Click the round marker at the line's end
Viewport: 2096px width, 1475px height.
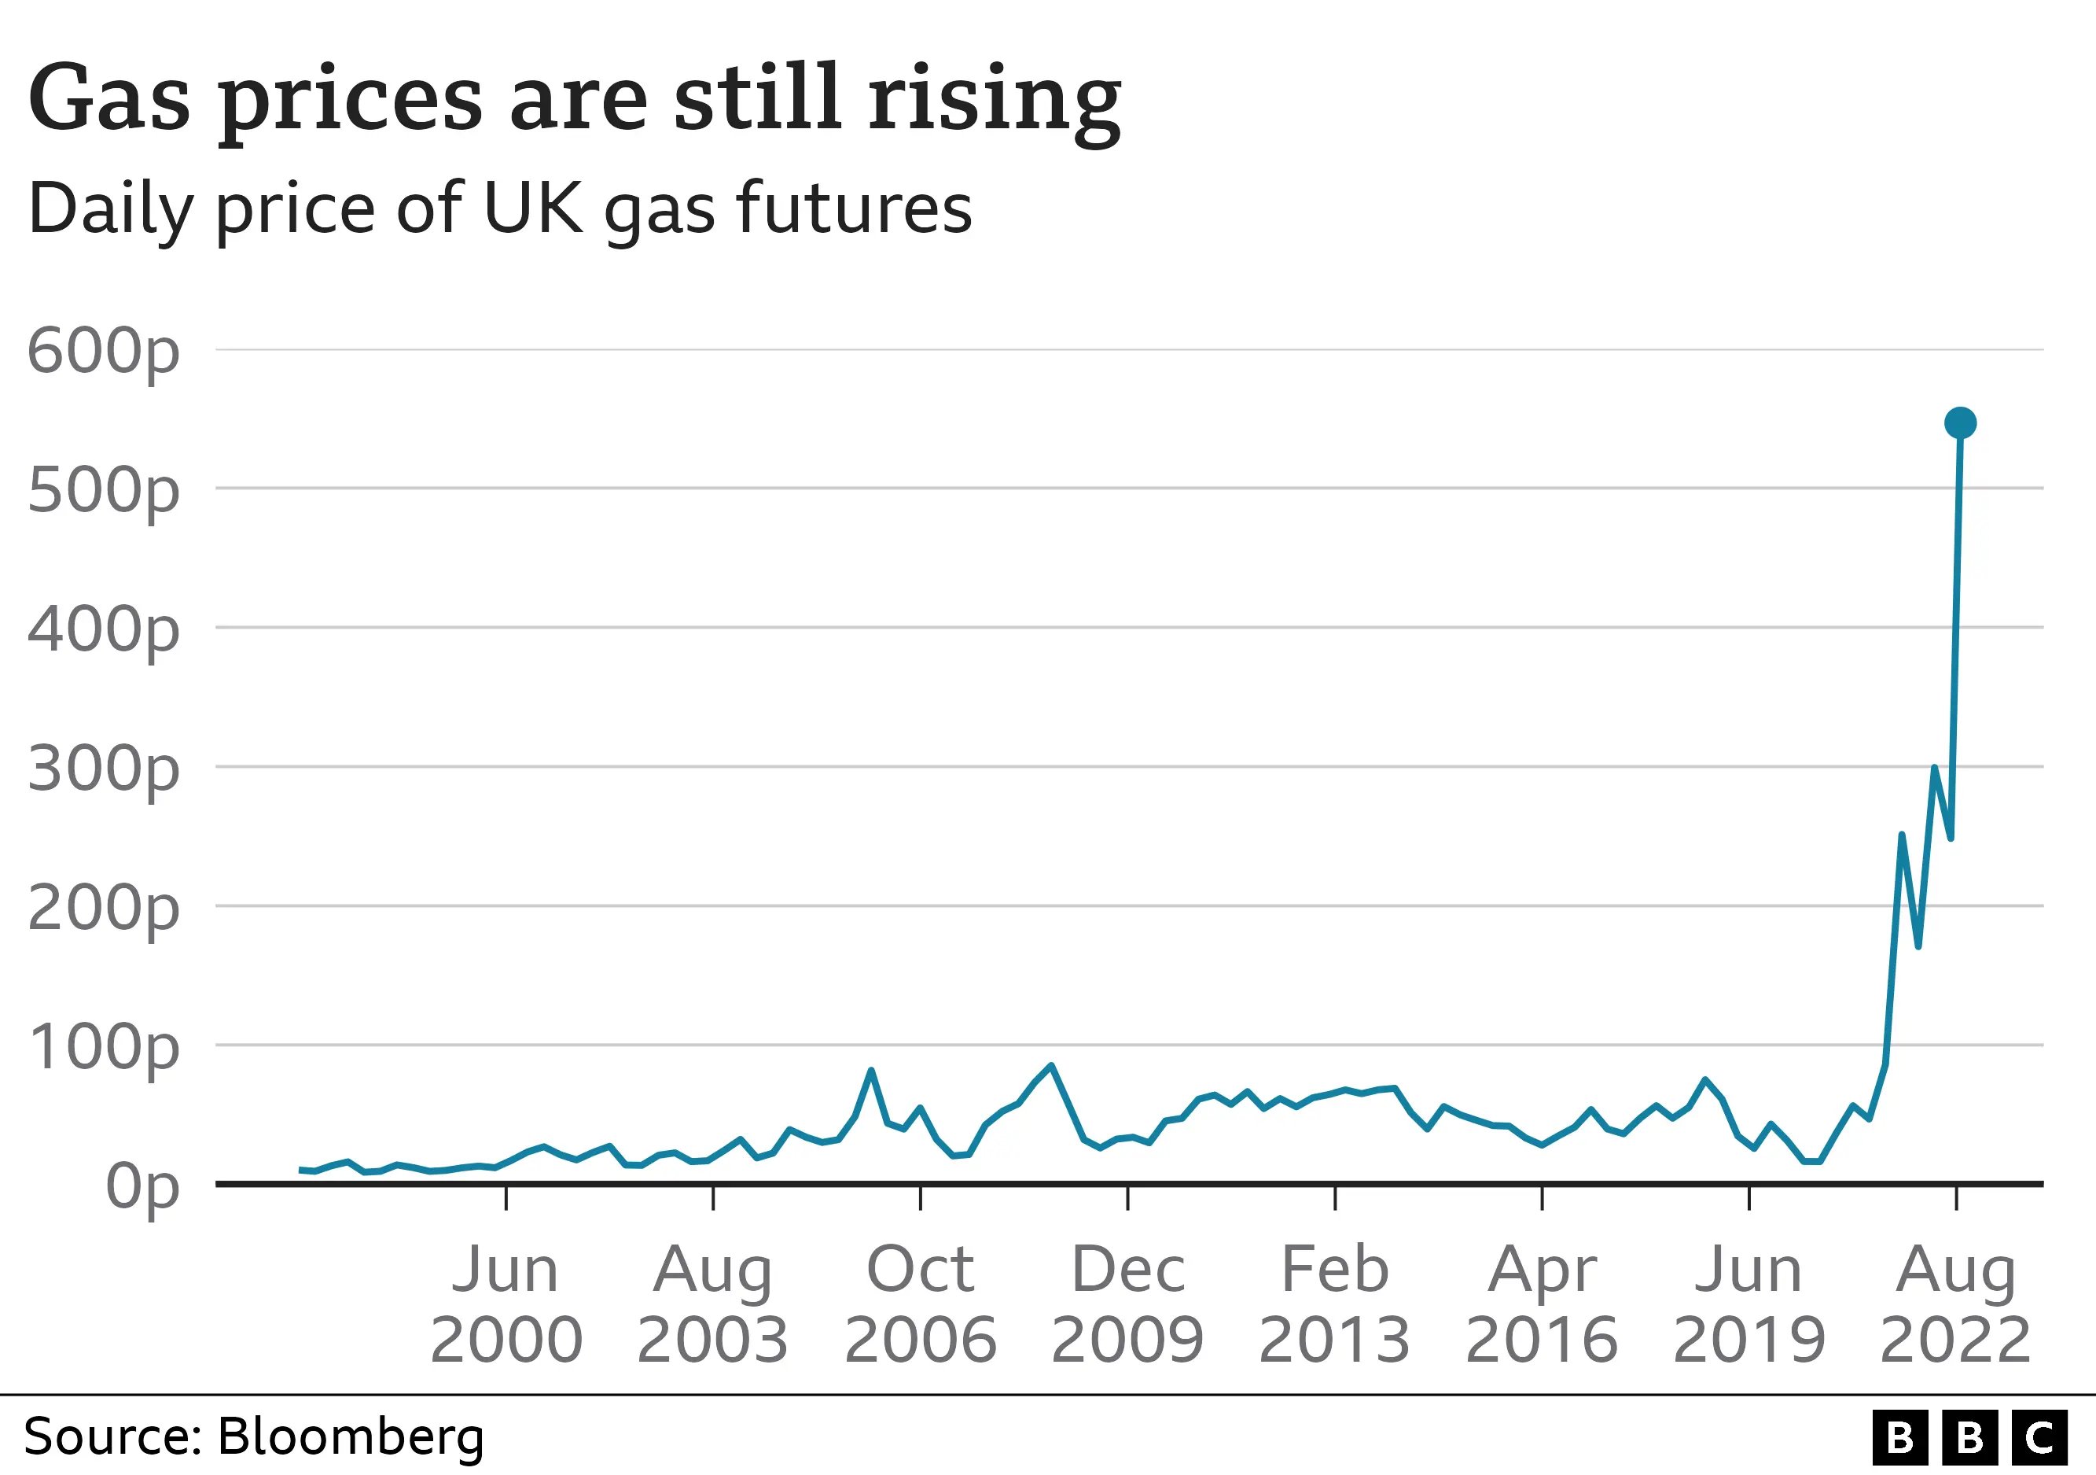[x=1960, y=423]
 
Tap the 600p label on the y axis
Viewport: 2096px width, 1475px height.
[x=103, y=352]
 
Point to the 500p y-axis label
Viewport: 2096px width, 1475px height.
[x=103, y=492]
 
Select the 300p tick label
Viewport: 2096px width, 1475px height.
[x=103, y=770]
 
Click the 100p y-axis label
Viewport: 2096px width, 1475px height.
[x=103, y=1048]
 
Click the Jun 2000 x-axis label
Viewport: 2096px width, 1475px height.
[x=506, y=1304]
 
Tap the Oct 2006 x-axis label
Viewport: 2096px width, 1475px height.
[x=920, y=1304]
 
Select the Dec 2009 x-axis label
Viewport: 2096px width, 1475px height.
[x=1127, y=1304]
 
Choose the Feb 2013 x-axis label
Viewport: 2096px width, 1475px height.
[x=1335, y=1304]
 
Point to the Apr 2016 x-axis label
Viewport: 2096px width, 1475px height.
[x=1542, y=1304]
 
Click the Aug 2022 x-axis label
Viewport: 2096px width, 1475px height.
[x=1955, y=1304]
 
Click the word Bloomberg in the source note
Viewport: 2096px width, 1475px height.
[x=351, y=1436]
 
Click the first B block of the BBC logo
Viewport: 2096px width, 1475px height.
[x=1899, y=1437]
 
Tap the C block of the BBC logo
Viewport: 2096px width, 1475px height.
[x=2039, y=1437]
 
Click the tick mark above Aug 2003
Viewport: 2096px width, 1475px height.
[x=713, y=1197]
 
